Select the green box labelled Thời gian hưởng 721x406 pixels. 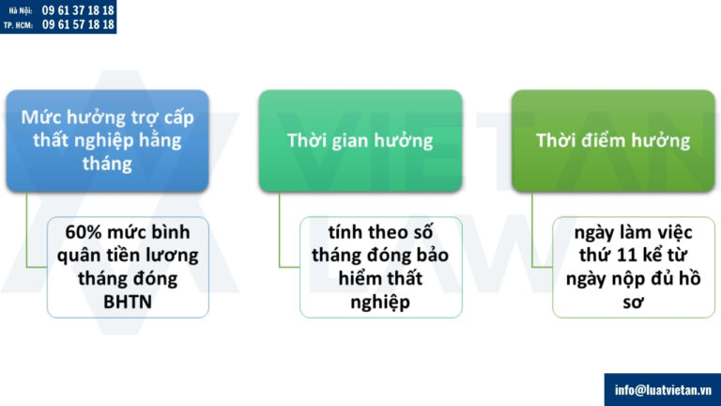click(360, 141)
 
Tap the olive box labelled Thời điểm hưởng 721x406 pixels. click(613, 141)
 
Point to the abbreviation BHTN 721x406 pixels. click(128, 301)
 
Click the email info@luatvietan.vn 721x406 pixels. click(662, 389)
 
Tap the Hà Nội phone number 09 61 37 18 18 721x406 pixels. click(79, 9)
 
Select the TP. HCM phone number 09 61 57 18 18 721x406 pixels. click(79, 25)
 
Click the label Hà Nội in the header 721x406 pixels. click(20, 9)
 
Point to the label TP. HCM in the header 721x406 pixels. click(18, 25)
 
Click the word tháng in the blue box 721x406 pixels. click(107, 164)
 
